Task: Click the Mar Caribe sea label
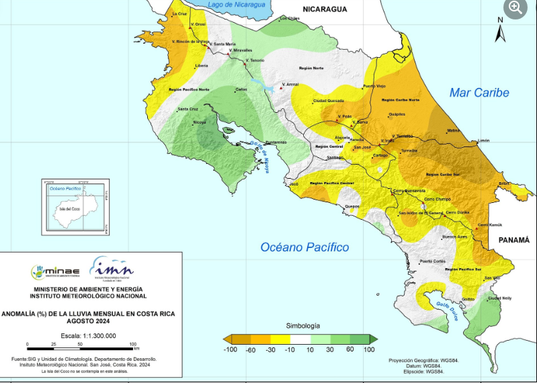point(479,93)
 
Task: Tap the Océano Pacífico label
point(304,247)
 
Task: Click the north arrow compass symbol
point(499,29)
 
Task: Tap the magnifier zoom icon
point(515,8)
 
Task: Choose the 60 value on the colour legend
point(350,349)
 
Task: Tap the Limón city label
point(483,141)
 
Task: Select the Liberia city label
point(201,66)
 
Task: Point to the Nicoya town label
point(200,122)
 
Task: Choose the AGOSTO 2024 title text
point(90,321)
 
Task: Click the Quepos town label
point(352,206)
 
